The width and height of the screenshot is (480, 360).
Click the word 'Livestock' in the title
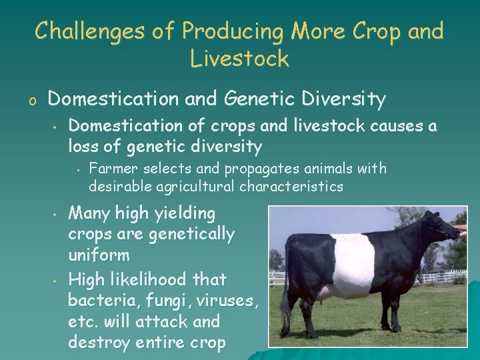239,59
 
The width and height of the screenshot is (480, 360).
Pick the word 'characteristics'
291,186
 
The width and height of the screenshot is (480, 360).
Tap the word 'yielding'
184,214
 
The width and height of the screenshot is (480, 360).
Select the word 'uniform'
99,255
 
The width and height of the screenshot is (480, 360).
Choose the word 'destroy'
101,343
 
